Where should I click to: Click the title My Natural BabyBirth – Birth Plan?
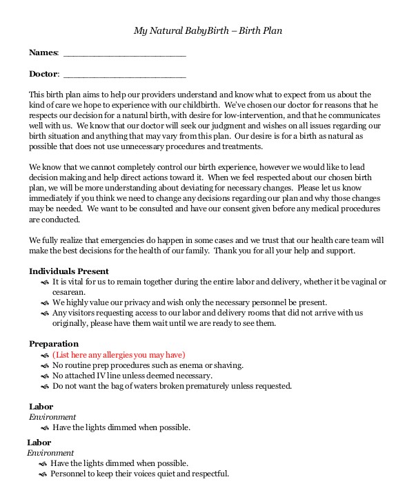coord(207,31)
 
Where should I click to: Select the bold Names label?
coord(43,52)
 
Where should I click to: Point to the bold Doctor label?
coord(43,74)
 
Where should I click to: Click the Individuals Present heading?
coord(68,271)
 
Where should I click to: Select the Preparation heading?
coord(54,344)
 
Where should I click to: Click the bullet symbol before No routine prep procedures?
coord(45,365)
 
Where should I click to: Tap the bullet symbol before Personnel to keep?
coord(43,474)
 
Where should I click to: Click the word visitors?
coord(83,313)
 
